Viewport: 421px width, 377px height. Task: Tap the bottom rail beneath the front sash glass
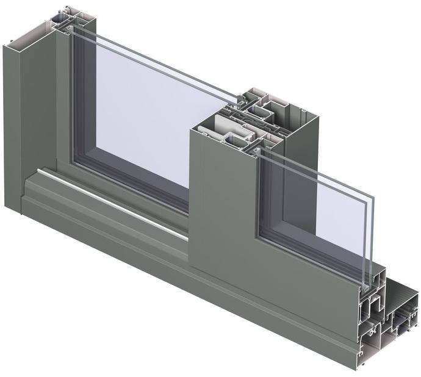311,262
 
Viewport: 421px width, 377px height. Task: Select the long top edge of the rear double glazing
159,61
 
